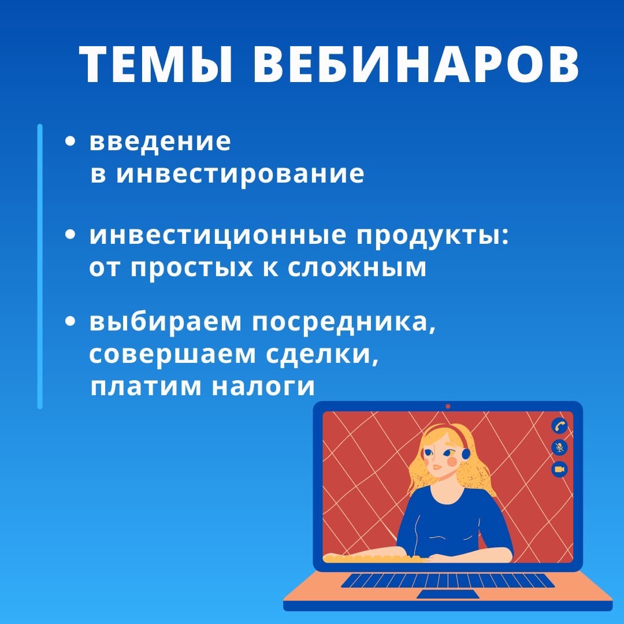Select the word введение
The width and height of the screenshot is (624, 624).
click(x=160, y=142)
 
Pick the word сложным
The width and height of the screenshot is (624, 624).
click(x=357, y=268)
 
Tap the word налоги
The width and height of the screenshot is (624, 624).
click(x=263, y=387)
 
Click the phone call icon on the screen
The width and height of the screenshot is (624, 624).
click(x=559, y=426)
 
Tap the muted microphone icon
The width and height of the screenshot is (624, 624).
click(x=559, y=447)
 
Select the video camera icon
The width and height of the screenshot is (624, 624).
click(x=559, y=469)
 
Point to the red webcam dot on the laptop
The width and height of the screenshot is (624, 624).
click(x=448, y=406)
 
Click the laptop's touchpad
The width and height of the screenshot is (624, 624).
click(x=448, y=594)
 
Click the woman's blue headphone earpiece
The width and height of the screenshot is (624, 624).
click(x=465, y=454)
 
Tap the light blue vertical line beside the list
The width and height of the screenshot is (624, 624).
click(x=40, y=266)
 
